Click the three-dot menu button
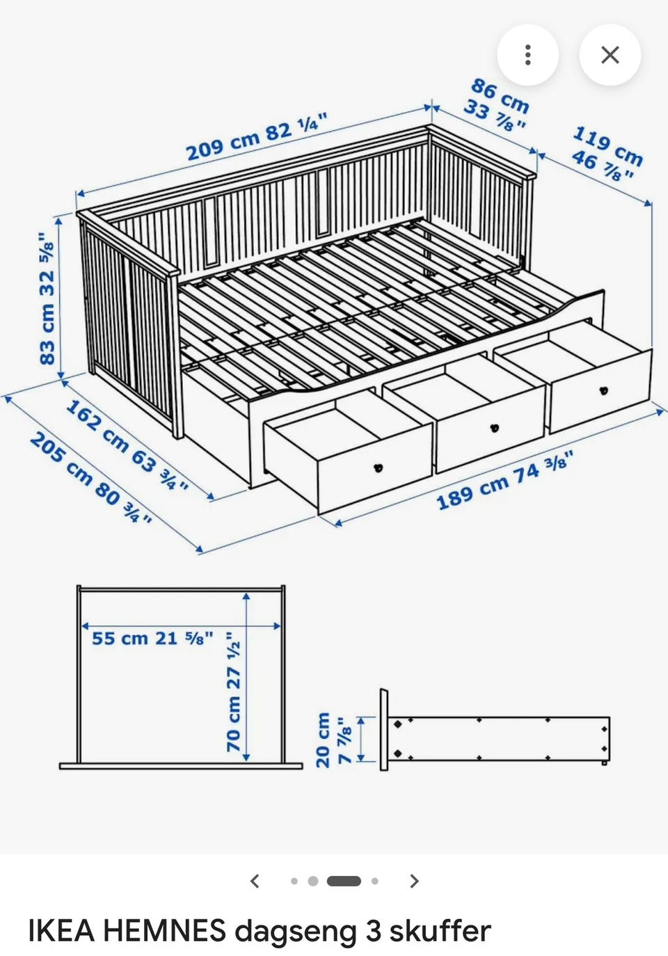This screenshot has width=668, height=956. [527, 55]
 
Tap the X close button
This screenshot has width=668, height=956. [610, 55]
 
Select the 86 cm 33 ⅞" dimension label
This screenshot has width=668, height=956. [497, 105]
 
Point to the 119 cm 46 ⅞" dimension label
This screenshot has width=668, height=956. [607, 154]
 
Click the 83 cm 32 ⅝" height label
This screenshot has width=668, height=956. [47, 298]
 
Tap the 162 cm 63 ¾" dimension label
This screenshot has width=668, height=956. [127, 445]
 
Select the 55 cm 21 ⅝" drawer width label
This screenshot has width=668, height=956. [152, 639]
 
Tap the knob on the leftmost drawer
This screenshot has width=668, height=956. [378, 468]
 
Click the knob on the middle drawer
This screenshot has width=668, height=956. [495, 428]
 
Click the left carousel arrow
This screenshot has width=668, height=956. [255, 880]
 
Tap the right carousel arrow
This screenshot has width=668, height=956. [413, 880]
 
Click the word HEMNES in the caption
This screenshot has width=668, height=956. [165, 930]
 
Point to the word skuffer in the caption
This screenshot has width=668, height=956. [440, 930]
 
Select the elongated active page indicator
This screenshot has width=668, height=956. [344, 881]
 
